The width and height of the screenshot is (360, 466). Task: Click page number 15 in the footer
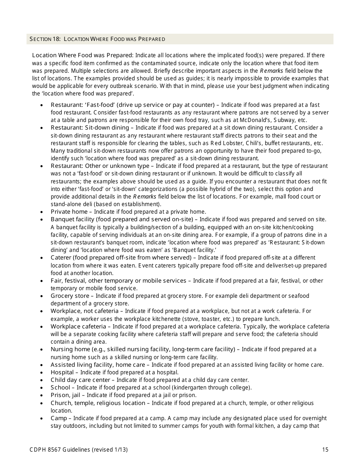325,450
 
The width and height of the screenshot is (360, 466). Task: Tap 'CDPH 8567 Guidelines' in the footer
59,450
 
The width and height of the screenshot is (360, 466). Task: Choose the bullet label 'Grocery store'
70,296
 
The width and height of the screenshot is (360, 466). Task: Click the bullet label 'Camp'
58,418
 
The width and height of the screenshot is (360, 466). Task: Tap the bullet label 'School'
61,388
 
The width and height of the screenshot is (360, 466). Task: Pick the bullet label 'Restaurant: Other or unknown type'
100,166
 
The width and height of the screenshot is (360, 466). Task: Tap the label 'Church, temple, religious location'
98,403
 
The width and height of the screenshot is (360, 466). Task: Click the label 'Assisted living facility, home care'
98,365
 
